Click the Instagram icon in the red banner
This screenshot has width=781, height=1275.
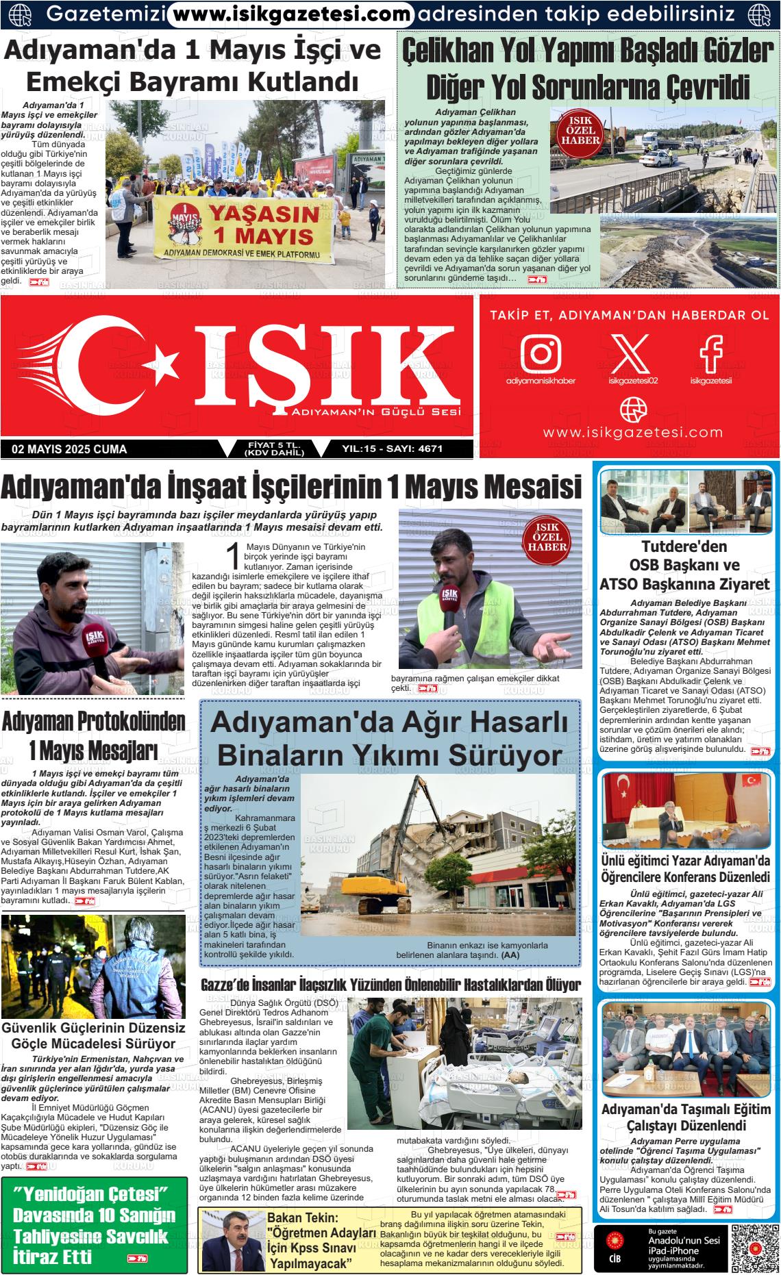click(x=541, y=353)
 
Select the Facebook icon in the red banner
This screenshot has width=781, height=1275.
click(x=710, y=353)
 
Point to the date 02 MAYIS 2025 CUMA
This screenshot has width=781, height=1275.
click(x=70, y=449)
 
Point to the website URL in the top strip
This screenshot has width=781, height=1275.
click(x=290, y=13)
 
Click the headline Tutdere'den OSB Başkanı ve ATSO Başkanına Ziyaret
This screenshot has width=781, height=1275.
click(x=685, y=565)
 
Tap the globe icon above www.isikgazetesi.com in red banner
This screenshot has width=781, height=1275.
click(x=632, y=409)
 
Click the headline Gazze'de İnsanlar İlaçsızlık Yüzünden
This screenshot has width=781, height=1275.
click(x=390, y=985)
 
